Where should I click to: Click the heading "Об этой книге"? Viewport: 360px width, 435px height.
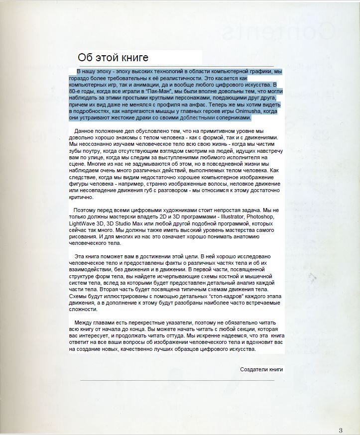tap(113, 58)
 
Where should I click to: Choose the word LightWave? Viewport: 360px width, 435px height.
tap(81, 224)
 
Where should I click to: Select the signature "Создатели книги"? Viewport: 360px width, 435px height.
tap(261, 369)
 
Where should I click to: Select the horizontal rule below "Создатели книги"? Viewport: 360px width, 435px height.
tap(177, 380)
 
